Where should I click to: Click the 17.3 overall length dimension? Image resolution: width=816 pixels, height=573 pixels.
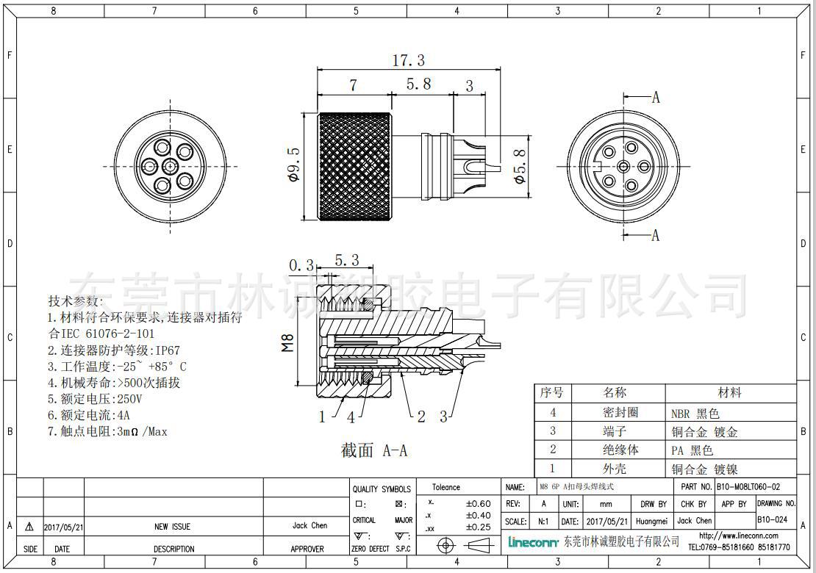(x=409, y=61)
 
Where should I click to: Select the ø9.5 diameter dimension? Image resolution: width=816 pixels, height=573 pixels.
(x=294, y=166)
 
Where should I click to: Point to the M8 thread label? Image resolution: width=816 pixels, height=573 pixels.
(x=288, y=342)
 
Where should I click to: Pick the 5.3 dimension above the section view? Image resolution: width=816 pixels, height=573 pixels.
(x=346, y=260)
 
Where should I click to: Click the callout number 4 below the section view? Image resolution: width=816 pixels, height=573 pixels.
(x=351, y=417)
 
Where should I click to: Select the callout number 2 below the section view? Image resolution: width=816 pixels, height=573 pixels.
(x=421, y=417)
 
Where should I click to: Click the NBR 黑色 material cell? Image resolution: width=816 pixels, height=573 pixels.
(x=695, y=413)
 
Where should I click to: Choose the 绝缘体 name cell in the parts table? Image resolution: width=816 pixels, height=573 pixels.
(x=615, y=450)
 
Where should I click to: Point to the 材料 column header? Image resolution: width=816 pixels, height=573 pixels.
(x=729, y=393)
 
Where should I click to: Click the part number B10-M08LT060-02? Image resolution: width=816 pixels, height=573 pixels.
(x=748, y=487)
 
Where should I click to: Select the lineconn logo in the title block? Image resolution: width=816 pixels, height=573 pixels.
(x=533, y=542)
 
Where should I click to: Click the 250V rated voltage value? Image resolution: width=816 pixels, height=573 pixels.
(x=129, y=399)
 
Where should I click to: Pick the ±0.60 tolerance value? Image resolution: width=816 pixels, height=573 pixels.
(x=478, y=504)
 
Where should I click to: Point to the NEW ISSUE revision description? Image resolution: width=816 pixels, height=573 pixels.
(x=172, y=527)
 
